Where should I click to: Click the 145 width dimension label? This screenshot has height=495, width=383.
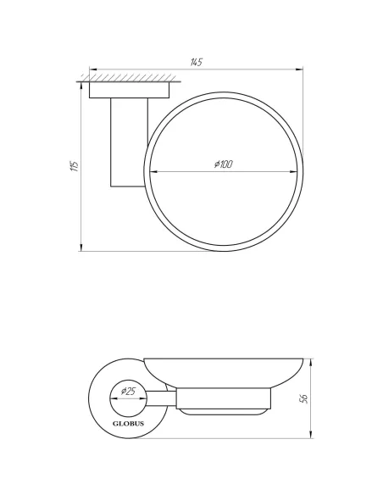[x=196, y=62]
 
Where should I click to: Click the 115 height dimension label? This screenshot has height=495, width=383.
[x=74, y=166]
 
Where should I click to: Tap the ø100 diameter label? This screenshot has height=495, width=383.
[x=224, y=164]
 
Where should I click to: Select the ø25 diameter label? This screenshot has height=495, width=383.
[x=129, y=392]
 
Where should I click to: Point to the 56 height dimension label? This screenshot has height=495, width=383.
[x=303, y=398]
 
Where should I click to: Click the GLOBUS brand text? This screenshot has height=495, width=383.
[x=129, y=424]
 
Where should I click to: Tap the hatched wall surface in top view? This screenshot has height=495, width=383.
[x=129, y=78]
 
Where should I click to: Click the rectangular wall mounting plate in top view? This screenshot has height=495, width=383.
[x=129, y=90]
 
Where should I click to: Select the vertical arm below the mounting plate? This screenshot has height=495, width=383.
[x=129, y=142]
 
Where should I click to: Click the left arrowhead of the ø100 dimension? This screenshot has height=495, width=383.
[x=153, y=172]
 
